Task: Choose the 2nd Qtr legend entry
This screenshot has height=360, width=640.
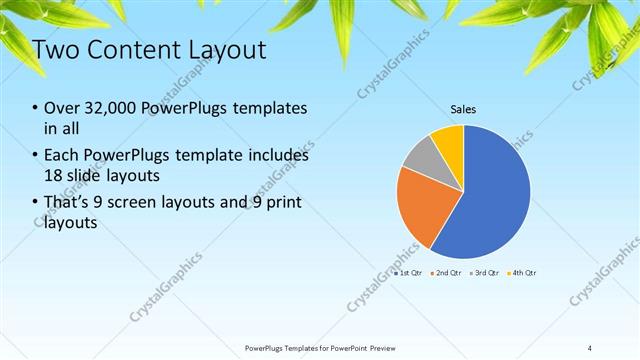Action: (x=445, y=272)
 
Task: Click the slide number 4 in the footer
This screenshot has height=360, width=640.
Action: (x=590, y=347)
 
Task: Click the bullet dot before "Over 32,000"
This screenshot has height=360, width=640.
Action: (x=36, y=108)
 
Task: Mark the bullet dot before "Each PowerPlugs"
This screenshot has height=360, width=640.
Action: (x=36, y=156)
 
